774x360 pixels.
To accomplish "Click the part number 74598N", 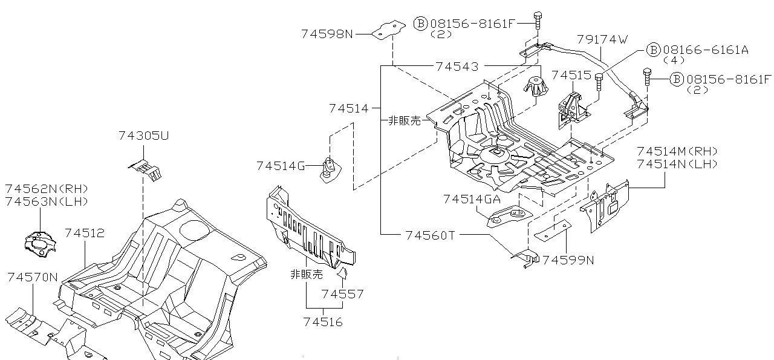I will (x=327, y=34).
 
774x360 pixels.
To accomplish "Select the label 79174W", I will (x=602, y=39).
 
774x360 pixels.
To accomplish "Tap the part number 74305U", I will (x=143, y=136).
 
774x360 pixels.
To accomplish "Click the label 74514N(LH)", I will (x=677, y=164).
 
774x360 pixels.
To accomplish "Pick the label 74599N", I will (x=568, y=260).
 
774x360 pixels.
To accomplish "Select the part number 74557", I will (x=342, y=295).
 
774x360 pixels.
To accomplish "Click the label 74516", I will (x=322, y=322).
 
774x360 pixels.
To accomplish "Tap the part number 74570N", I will (x=33, y=278).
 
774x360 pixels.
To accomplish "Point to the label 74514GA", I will (x=472, y=199).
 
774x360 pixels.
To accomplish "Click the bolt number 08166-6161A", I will (x=706, y=50).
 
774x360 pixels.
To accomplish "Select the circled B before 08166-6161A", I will (x=653, y=50).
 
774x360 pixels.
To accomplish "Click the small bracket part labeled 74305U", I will (x=147, y=168).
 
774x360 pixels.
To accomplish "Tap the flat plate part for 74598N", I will (x=388, y=30).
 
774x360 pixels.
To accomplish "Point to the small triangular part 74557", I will (x=342, y=273).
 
